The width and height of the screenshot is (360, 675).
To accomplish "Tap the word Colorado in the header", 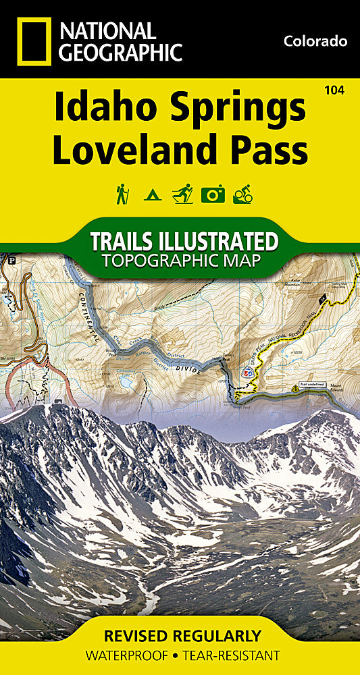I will tap(315, 41).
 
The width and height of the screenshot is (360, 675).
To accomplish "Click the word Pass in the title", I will tap(270, 150).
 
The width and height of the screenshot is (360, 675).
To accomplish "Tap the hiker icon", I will tap(122, 194).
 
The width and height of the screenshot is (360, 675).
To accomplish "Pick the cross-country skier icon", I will tap(182, 194).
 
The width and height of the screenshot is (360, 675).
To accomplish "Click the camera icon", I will tap(213, 194).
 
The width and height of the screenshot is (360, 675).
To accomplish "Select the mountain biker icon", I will tap(242, 194).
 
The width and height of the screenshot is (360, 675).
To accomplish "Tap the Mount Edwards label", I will tap(336, 387).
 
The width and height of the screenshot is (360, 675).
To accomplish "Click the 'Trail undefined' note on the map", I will tap(315, 384).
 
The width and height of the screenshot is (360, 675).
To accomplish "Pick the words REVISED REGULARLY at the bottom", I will tap(182, 636).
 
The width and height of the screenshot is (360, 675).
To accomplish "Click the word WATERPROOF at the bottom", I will tap(128, 655).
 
